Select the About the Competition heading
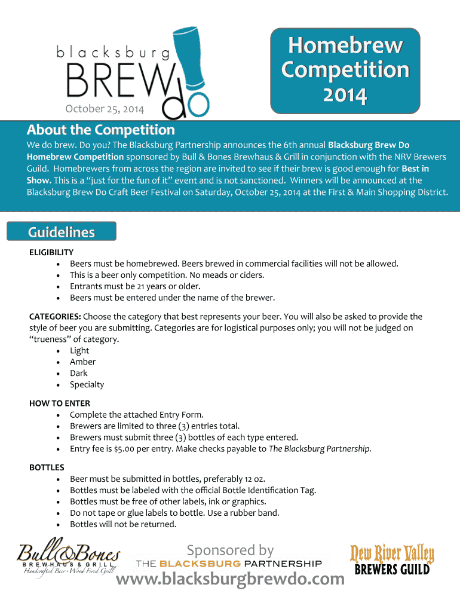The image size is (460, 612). click(x=100, y=130)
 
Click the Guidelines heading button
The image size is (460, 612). click(x=62, y=232)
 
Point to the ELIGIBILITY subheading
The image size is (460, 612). click(x=51, y=252)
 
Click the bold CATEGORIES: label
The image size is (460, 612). click(x=55, y=317)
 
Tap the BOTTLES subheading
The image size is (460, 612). click(x=47, y=467)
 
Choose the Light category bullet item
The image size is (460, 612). click(x=79, y=351)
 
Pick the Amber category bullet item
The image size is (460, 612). click(x=82, y=362)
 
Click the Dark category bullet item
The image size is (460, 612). click(x=79, y=374)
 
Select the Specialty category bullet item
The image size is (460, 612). click(x=87, y=385)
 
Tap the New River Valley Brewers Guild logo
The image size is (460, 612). click(x=392, y=560)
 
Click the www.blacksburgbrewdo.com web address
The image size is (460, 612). click(x=230, y=579)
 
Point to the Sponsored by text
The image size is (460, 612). click(x=230, y=550)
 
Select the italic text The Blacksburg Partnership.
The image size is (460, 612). click(x=320, y=449)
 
